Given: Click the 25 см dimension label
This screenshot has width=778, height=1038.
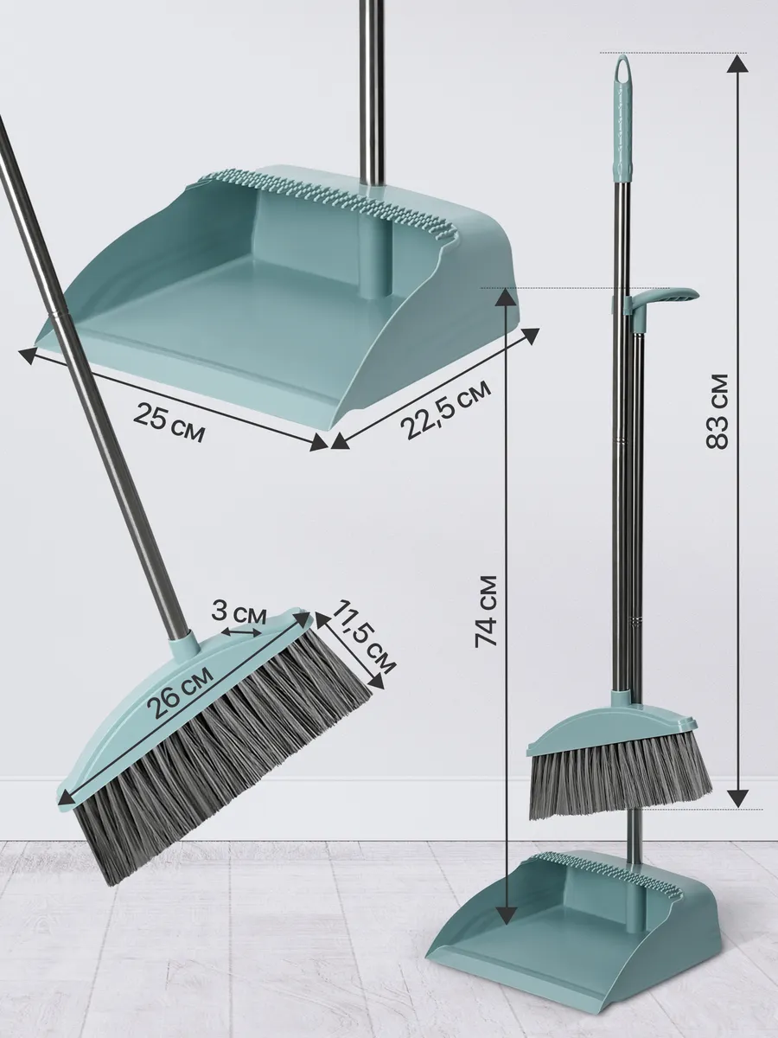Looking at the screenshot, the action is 169,420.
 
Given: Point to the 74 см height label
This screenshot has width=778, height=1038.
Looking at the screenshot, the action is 486,612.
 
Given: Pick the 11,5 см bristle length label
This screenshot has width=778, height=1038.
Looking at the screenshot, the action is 363,637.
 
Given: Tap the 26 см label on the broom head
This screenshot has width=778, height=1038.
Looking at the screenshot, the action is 180,692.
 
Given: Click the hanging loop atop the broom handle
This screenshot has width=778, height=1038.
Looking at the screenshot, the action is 623,69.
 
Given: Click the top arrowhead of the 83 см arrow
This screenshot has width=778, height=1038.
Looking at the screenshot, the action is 737,63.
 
